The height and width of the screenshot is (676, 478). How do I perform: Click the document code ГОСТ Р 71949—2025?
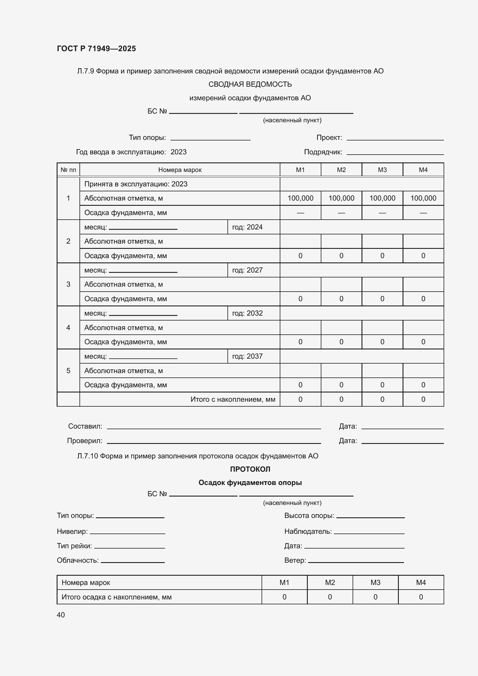[x=96, y=49]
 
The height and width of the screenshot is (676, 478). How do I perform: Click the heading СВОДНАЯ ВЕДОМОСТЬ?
[x=250, y=84]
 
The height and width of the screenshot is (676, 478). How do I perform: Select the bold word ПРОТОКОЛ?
[x=250, y=469]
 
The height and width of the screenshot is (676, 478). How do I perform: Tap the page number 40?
[x=61, y=615]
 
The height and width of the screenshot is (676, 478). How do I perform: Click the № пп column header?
[x=68, y=170]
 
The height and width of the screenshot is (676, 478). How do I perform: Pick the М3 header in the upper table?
[x=382, y=170]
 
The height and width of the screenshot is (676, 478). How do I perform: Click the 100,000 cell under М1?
[x=300, y=198]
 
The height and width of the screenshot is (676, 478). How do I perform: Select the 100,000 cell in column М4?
[x=423, y=198]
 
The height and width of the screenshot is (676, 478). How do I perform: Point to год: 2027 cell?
[x=247, y=270]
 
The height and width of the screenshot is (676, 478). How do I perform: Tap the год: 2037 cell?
[x=247, y=356]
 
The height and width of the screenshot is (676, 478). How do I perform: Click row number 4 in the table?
[x=68, y=328]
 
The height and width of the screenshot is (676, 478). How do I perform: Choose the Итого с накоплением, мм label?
[x=233, y=399]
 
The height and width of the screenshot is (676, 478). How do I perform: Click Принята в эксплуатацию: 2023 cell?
[x=136, y=184]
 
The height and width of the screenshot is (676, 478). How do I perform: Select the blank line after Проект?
[x=395, y=138]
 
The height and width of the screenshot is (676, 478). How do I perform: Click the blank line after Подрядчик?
[x=395, y=153]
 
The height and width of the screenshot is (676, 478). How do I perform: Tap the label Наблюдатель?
[x=308, y=531]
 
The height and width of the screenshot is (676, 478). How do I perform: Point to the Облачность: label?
[x=78, y=560]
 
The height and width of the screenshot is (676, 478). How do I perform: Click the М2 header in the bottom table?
[x=330, y=582]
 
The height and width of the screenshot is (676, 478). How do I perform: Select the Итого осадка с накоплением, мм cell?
[x=116, y=597]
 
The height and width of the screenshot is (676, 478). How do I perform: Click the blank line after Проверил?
[x=214, y=442]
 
